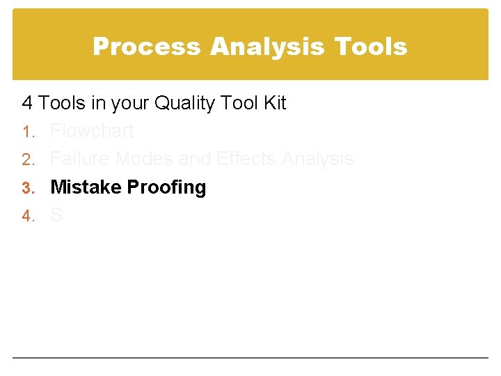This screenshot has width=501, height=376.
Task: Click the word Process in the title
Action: click(147, 47)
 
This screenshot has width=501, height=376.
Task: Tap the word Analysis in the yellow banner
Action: click(268, 47)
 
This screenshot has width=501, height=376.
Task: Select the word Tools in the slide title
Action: click(370, 47)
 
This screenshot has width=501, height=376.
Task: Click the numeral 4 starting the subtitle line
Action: click(27, 104)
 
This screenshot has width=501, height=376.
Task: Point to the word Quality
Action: click(184, 104)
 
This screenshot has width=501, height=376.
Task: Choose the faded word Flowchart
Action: click(92, 131)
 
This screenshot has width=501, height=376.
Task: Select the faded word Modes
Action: click(145, 159)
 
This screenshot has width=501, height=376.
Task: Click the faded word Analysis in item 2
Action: click(318, 159)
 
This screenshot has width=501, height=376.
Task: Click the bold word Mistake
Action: click(86, 187)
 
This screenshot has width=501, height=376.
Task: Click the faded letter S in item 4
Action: click(56, 216)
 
